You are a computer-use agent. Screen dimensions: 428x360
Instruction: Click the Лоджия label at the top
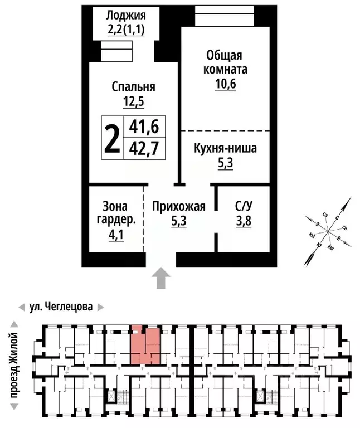(x=126, y=15)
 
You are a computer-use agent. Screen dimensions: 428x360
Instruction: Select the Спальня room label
(x=133, y=86)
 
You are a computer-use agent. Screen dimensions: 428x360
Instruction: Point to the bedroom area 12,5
(x=133, y=101)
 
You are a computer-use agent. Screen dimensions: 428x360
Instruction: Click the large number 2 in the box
(x=112, y=137)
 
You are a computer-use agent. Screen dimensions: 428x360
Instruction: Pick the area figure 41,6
(x=144, y=127)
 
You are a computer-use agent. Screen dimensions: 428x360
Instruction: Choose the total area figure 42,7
(x=144, y=148)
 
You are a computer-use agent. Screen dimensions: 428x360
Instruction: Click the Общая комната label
(x=224, y=63)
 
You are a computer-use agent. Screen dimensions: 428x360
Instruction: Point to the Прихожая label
(x=179, y=207)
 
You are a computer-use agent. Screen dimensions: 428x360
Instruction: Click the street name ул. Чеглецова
(x=61, y=307)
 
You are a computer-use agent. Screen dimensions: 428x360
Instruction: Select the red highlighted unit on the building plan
(x=146, y=345)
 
